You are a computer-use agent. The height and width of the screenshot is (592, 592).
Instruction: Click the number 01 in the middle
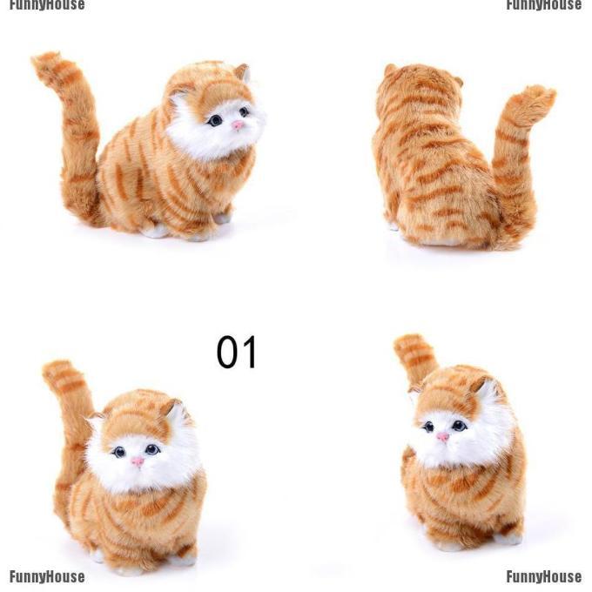[x=237, y=352]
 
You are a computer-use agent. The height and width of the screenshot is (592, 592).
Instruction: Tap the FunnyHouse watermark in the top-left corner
[x=47, y=5]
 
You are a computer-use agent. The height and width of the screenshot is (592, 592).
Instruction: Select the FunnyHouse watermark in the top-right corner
[x=543, y=5]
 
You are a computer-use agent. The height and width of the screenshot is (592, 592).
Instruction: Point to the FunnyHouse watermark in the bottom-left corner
[x=47, y=577]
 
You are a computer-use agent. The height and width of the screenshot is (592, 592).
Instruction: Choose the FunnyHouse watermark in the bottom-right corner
[x=543, y=577]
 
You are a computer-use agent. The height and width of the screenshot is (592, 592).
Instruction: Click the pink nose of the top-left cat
[x=238, y=125]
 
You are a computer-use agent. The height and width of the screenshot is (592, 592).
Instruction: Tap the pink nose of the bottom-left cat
[x=138, y=461]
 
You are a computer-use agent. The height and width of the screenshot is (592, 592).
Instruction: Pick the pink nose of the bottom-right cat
[x=443, y=437]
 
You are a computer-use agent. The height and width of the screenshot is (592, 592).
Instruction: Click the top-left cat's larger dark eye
[x=216, y=120]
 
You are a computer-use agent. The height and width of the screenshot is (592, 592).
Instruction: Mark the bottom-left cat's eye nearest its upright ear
[x=152, y=449]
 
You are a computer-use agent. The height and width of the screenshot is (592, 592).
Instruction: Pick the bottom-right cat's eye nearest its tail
[x=428, y=427]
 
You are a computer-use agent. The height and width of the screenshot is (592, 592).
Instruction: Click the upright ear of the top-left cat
[x=243, y=71]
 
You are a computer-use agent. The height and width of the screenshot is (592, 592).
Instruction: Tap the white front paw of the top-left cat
[x=156, y=231]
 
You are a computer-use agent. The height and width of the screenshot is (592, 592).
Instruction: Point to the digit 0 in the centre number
[x=226, y=352]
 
